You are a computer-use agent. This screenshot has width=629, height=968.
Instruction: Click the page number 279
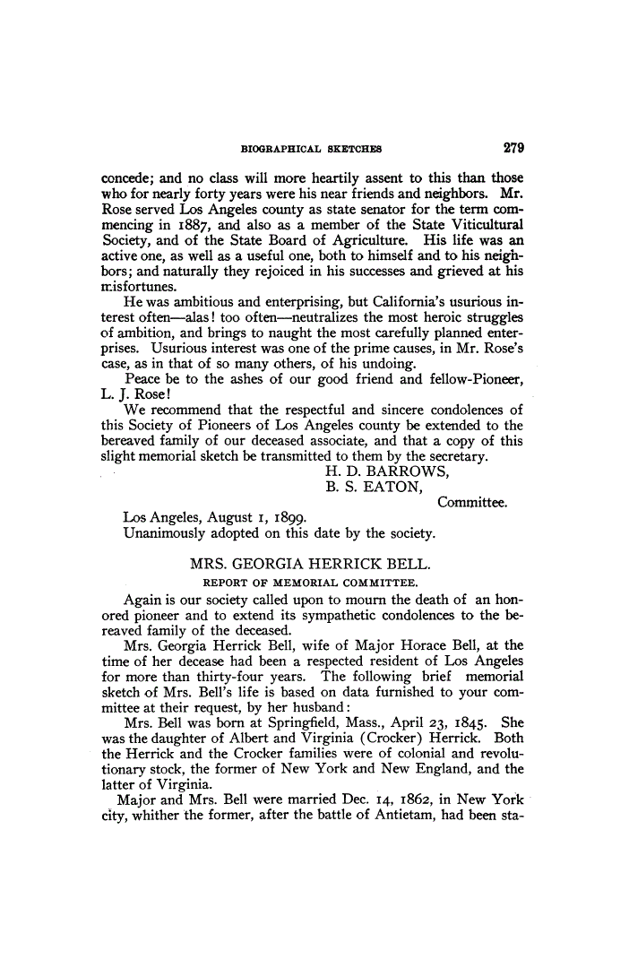click(x=513, y=148)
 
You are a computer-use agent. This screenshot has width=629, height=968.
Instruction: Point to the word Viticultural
click(x=482, y=224)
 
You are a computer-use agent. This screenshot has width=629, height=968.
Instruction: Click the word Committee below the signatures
click(x=472, y=502)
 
